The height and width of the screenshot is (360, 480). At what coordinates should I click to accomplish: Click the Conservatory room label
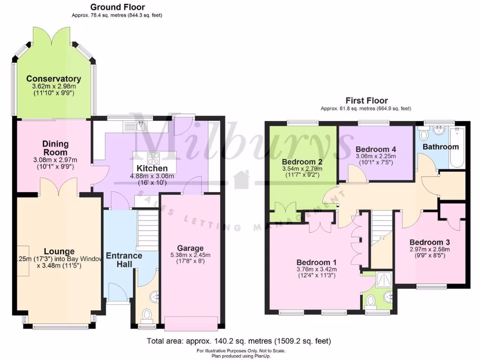(x=53, y=79)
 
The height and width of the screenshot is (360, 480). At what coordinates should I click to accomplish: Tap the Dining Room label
(x=56, y=148)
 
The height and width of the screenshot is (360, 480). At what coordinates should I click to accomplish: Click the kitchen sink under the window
(x=140, y=125)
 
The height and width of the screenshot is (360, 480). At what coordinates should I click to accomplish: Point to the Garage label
(x=190, y=248)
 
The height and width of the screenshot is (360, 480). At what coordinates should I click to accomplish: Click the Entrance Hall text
(x=124, y=260)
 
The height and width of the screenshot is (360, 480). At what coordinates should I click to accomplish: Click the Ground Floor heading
(x=117, y=7)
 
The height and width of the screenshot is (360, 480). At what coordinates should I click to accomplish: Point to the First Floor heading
(x=367, y=100)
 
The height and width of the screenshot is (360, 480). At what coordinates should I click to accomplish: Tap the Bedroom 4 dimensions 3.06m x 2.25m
(x=376, y=157)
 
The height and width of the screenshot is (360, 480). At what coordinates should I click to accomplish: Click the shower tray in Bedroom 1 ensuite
(x=384, y=280)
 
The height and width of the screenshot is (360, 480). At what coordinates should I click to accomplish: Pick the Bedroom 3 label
(x=429, y=242)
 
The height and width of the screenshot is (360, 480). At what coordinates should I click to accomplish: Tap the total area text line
(x=239, y=341)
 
